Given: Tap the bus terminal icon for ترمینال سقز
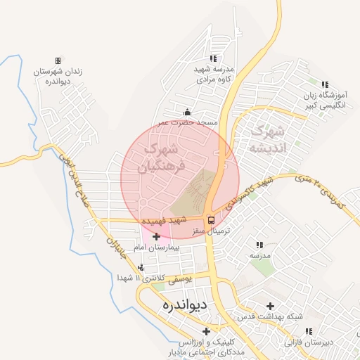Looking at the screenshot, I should click(x=210, y=219).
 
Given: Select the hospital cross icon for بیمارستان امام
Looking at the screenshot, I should click(x=156, y=236).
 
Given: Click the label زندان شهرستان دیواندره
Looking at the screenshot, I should click(x=56, y=77).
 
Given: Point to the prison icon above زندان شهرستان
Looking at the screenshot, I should click(x=58, y=62).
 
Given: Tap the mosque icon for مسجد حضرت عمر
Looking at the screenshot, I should click(x=187, y=112).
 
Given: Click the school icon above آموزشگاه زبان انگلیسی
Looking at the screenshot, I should click(x=324, y=84).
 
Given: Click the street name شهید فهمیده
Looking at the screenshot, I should click(x=163, y=221).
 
